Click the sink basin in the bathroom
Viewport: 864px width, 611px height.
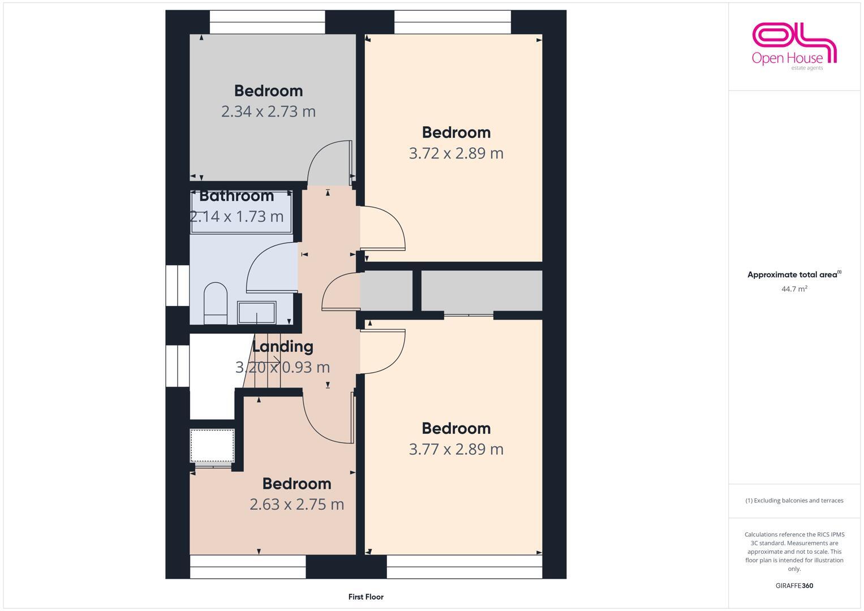click(257, 312)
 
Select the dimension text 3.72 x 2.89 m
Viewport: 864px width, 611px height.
click(456, 153)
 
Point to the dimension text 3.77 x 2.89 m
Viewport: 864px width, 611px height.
click(456, 449)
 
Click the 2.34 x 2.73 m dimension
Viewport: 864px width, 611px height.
click(268, 111)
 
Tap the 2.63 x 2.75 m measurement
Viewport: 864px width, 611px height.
click(296, 504)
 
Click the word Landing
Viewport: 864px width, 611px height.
click(282, 346)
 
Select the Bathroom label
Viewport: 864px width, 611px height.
click(237, 196)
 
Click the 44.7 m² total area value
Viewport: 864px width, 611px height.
click(794, 289)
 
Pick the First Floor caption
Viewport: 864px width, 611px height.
click(366, 596)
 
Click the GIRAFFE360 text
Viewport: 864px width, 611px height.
click(794, 586)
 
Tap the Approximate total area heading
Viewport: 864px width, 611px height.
click(794, 275)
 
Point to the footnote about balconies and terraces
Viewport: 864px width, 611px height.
click(794, 501)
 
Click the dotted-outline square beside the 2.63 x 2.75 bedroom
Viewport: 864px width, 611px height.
click(212, 446)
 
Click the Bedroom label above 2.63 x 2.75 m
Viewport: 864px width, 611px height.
click(296, 484)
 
